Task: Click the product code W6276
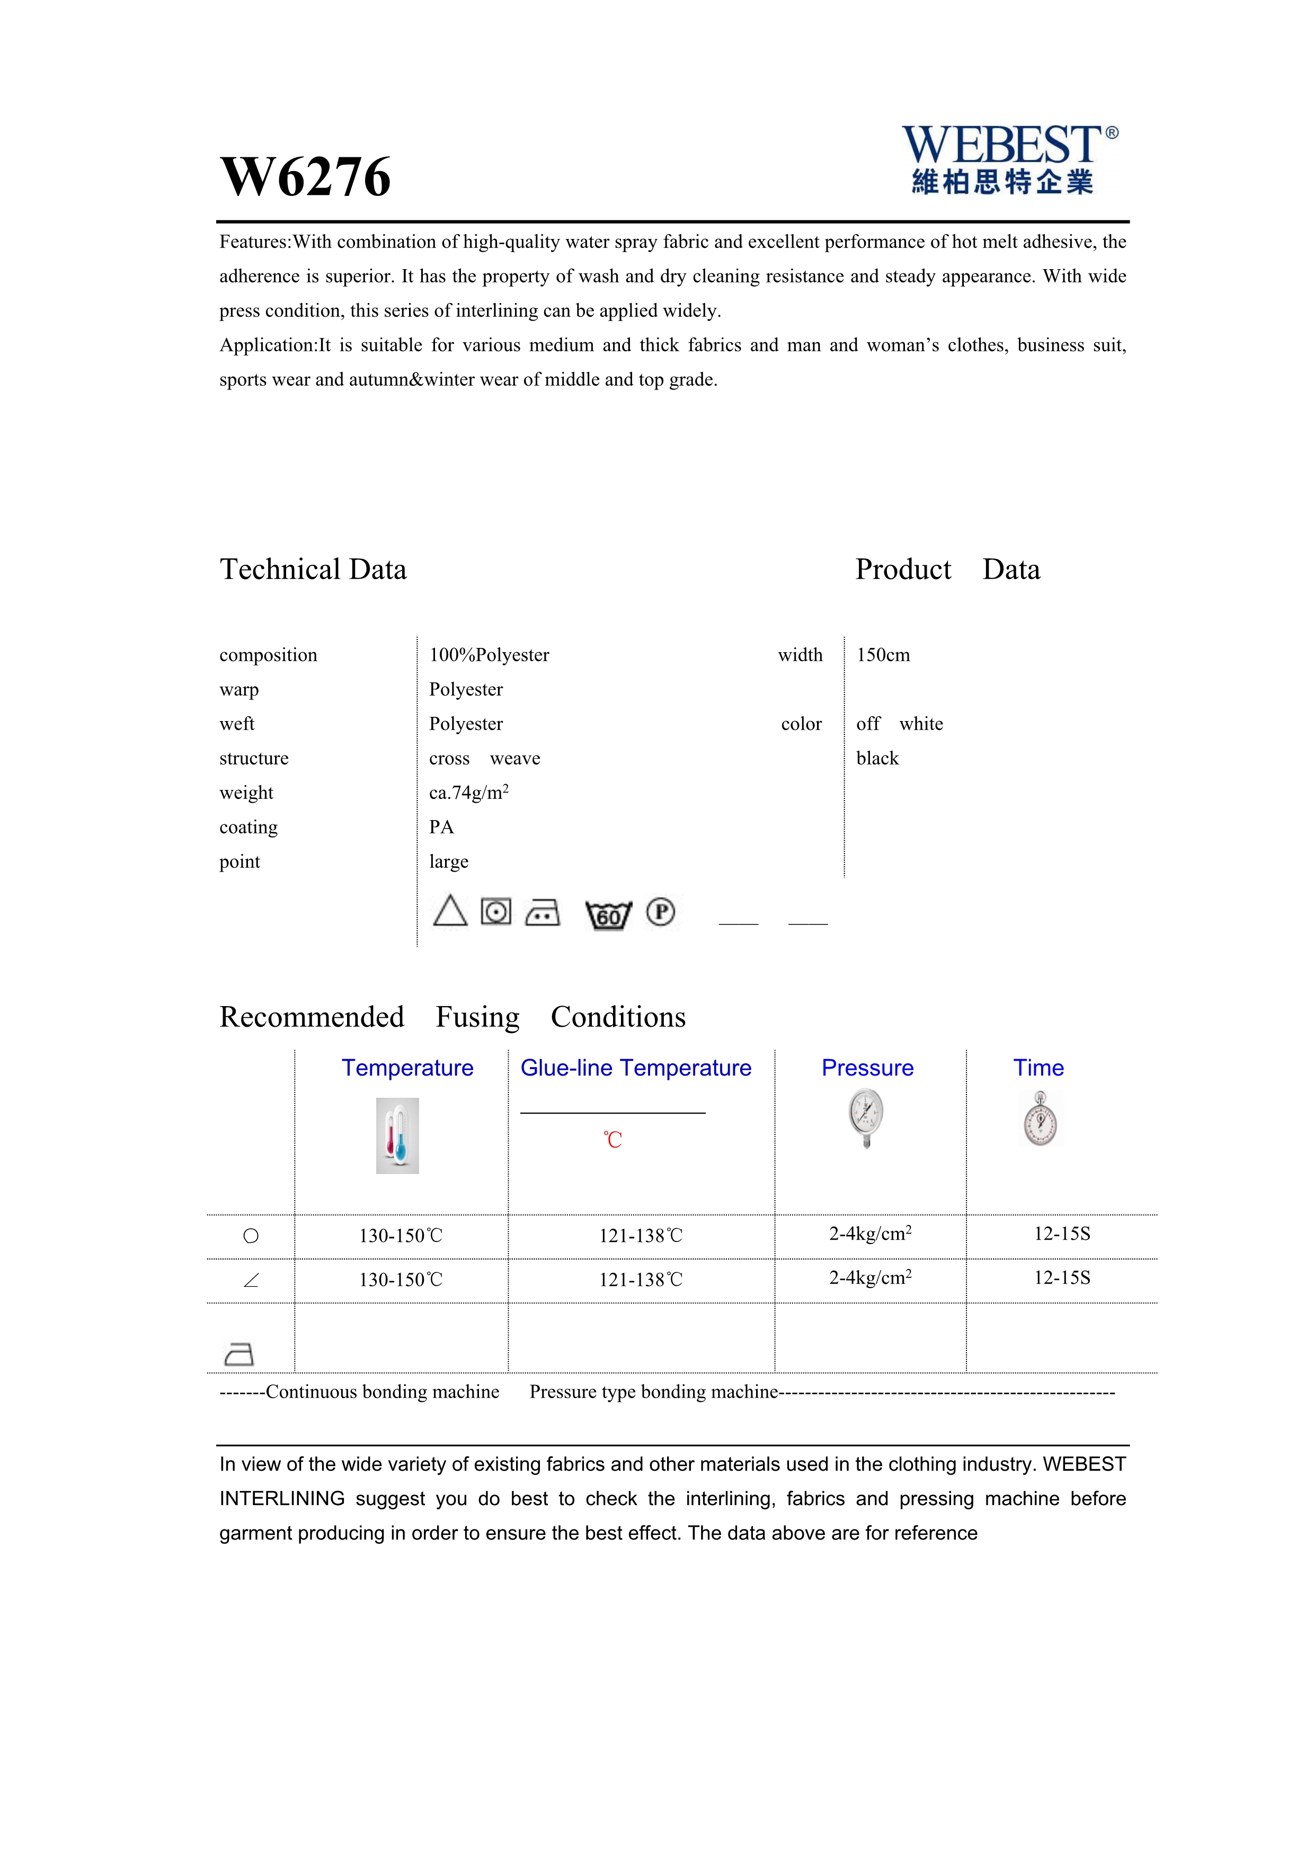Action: point(305,176)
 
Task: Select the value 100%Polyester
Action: point(489,655)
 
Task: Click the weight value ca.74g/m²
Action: point(468,792)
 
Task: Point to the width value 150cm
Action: point(883,655)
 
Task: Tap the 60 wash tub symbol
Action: point(608,915)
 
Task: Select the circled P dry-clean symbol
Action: point(660,912)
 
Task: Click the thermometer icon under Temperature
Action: point(397,1135)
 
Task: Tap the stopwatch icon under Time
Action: point(1040,1119)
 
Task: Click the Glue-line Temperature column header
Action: point(635,1068)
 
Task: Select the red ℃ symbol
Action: point(612,1140)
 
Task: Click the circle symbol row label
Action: point(251,1235)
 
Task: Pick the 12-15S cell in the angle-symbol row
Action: point(1062,1278)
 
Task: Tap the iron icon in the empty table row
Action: point(238,1354)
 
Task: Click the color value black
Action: point(877,758)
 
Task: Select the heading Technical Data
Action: point(313,570)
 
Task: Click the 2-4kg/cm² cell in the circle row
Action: point(870,1234)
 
